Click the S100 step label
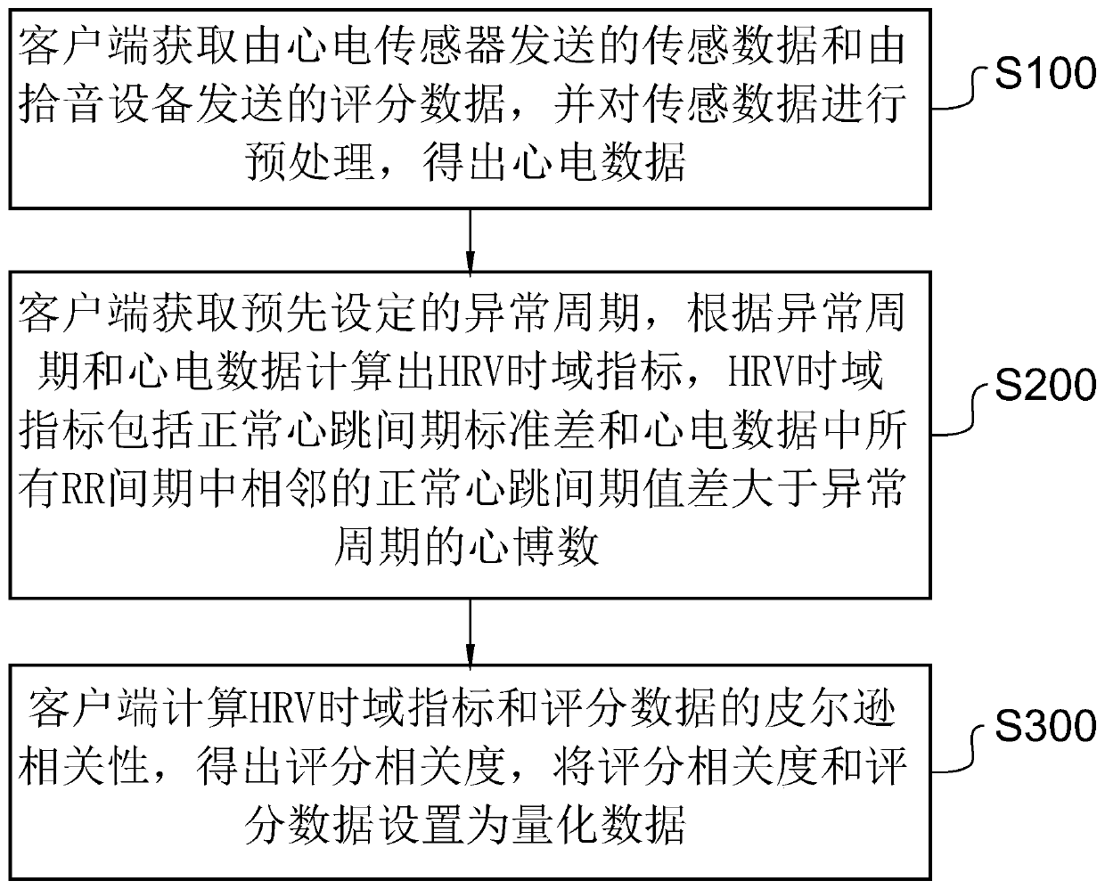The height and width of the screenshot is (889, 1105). coord(1044,74)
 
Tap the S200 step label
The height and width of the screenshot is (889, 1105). coord(1044,385)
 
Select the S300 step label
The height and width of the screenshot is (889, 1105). coord(1044,726)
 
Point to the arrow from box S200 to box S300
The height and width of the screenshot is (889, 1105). coord(469,629)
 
